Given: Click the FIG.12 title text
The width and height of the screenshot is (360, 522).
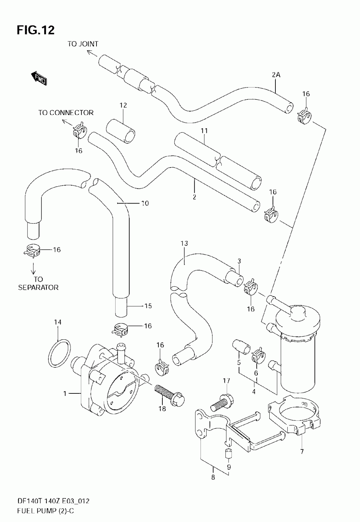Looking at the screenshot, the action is point(36,30).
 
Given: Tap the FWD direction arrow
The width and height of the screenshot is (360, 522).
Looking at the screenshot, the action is point(39,77).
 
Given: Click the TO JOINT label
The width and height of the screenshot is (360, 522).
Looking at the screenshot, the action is point(83,44).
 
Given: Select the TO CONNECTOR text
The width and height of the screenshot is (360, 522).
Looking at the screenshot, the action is point(66,113).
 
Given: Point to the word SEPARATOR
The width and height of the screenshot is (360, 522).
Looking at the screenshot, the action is point(39,287).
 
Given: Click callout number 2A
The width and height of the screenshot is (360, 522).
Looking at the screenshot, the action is point(276,75).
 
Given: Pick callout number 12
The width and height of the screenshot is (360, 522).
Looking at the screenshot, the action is point(123,105).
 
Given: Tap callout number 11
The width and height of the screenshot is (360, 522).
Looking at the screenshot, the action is point(204,131).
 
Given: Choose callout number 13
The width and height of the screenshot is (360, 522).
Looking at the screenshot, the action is point(184,244).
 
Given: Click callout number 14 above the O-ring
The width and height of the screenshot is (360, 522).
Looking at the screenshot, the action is point(58,322).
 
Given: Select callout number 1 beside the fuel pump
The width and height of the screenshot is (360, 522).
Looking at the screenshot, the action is point(65,394).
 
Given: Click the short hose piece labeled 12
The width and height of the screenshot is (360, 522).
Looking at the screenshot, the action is point(121,131).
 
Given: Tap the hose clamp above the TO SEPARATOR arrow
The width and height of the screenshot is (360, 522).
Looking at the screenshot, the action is point(32,251).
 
